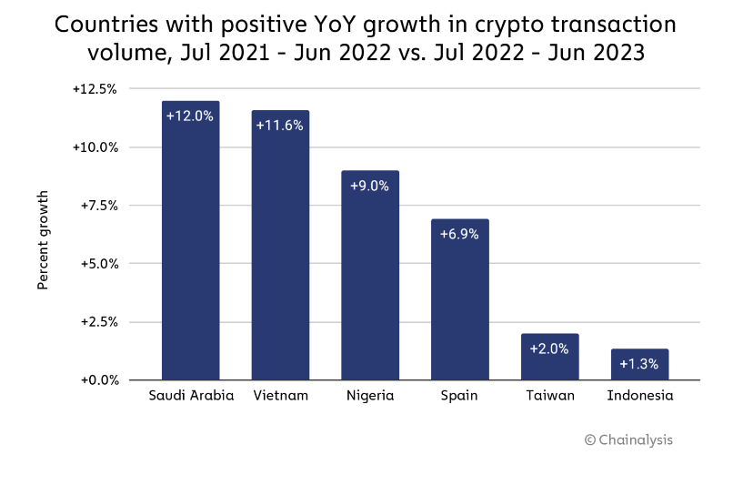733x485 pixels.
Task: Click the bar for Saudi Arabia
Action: (190, 246)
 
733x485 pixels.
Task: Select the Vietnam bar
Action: (280, 250)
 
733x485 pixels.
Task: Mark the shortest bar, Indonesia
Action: (639, 364)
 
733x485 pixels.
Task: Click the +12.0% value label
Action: (190, 116)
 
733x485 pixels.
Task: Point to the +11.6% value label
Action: (280, 125)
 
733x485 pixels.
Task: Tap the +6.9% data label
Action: (459, 234)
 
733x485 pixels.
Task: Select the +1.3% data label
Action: (639, 364)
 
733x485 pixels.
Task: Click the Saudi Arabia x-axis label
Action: (191, 396)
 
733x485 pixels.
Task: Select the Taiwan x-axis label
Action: (549, 396)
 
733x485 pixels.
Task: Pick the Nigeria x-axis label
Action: (370, 396)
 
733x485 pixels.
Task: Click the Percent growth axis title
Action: (43, 240)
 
